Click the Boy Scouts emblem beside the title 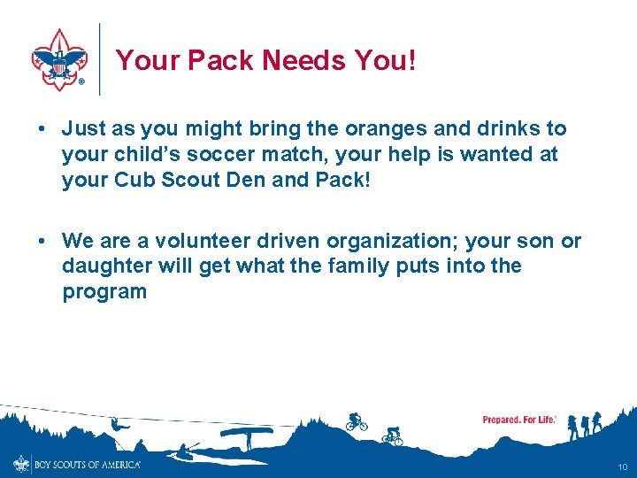[x=58, y=59]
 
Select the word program [x=104, y=291]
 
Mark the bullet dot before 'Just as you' [x=42, y=130]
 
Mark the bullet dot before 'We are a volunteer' [x=42, y=242]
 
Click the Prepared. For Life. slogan [x=519, y=420]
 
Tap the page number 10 [x=623, y=466]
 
